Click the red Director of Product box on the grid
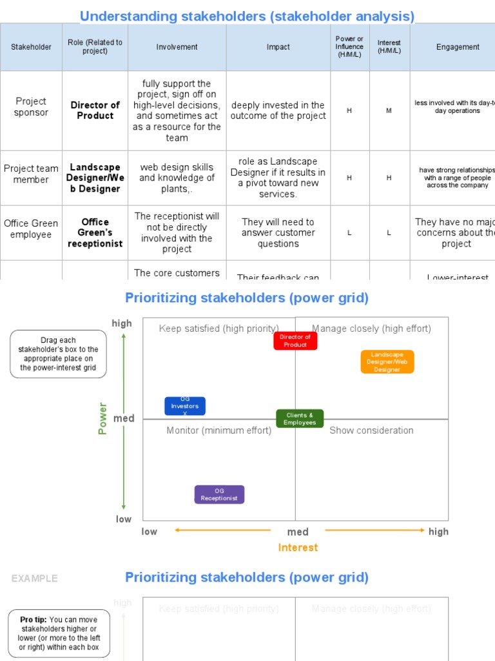coord(295,341)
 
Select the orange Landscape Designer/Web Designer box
coord(387,361)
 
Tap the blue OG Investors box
coord(185,406)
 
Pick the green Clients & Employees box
coord(300,418)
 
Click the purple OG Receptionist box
coord(219,494)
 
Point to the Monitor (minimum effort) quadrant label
coord(218,431)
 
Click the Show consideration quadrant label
coord(371,431)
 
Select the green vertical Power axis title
coord(102,418)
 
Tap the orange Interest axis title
coord(298,547)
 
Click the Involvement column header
coord(177,47)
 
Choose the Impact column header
coord(278,47)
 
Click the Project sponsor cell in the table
coord(31,107)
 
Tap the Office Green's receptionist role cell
coord(95,232)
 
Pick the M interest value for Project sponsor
coord(389,111)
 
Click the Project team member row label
coord(31,174)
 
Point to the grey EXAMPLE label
coord(34,578)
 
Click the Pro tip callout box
coord(59,633)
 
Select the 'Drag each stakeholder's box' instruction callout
coord(59,354)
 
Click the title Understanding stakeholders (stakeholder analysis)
coord(247,16)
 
